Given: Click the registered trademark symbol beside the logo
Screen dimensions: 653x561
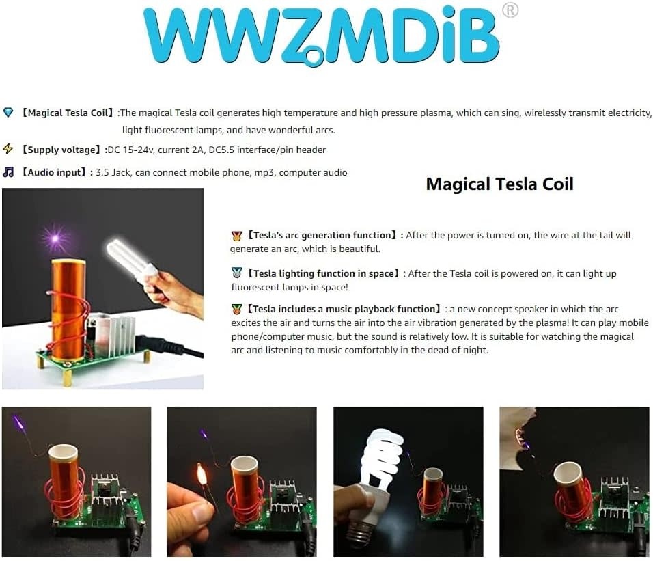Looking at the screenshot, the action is pyautogui.click(x=510, y=10).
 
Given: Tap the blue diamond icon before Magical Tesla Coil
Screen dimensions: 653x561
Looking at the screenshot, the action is pyautogui.click(x=8, y=113).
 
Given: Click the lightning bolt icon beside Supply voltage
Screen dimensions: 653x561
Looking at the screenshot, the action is pyautogui.click(x=8, y=149).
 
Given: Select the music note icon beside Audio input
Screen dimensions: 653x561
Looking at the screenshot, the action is pyautogui.click(x=8, y=172).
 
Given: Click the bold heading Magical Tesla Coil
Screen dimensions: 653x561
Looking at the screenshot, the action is pyautogui.click(x=500, y=184).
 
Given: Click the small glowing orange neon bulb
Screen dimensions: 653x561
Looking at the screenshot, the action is pyautogui.click(x=202, y=473).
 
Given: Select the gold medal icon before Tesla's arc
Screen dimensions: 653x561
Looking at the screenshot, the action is pyautogui.click(x=236, y=236).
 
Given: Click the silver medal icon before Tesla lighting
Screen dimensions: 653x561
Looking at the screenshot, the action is pyautogui.click(x=236, y=273).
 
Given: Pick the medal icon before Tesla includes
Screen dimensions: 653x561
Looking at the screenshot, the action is pyautogui.click(x=236, y=309).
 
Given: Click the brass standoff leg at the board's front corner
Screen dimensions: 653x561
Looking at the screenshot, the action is pyautogui.click(x=67, y=377).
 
